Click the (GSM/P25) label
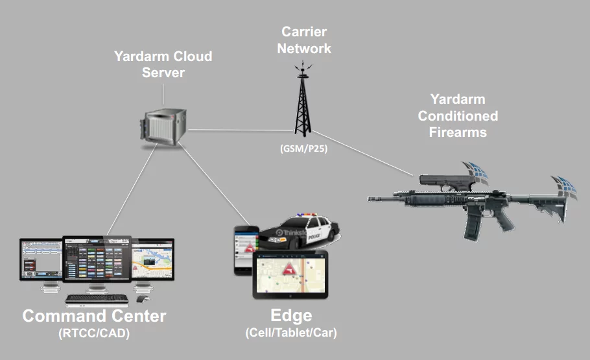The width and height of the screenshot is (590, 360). click(x=298, y=149)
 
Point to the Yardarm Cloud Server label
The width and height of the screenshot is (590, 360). click(x=163, y=64)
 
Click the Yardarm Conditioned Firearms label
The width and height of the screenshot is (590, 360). click(x=458, y=115)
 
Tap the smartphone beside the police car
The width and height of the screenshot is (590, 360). click(x=245, y=250)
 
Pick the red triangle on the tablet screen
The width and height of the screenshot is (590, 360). click(x=286, y=269)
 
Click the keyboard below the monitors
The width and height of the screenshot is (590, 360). click(x=97, y=300)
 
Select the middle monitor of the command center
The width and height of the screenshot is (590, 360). click(x=97, y=259)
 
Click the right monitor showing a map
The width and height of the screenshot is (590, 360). click(x=153, y=259)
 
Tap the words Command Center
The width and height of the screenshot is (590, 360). click(x=95, y=317)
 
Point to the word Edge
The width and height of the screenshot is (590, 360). click(x=291, y=317)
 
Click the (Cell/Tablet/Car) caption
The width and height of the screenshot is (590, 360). click(x=291, y=333)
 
